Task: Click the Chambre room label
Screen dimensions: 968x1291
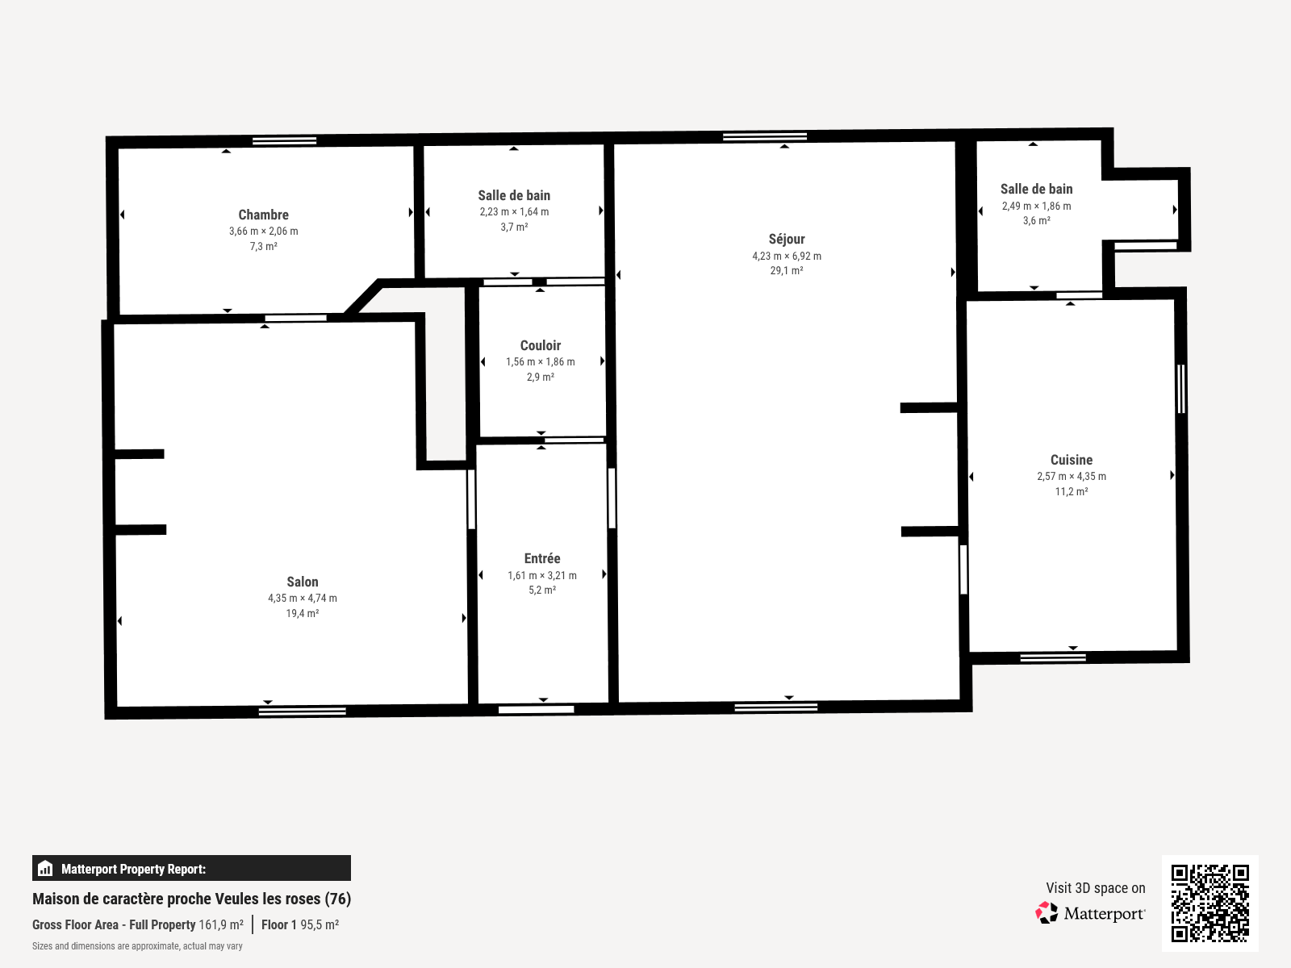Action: (x=263, y=215)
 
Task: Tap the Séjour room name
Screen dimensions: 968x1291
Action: (x=787, y=239)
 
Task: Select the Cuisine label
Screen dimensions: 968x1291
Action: (x=1072, y=460)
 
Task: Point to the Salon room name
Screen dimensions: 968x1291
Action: (x=303, y=582)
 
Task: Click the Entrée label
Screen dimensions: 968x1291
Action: (x=542, y=558)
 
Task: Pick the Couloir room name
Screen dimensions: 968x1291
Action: (x=541, y=345)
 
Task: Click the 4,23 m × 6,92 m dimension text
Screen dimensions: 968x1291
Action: (x=787, y=256)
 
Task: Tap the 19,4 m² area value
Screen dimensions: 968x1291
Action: (x=303, y=613)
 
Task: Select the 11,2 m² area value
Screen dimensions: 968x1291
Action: (x=1072, y=491)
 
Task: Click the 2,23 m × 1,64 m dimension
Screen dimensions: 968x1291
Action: (x=514, y=211)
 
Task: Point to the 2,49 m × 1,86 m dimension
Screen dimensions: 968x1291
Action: (x=1037, y=206)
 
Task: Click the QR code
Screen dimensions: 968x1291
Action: (x=1210, y=903)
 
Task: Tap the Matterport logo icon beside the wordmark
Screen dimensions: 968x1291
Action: (x=1047, y=912)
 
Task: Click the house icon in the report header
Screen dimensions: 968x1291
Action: (x=45, y=869)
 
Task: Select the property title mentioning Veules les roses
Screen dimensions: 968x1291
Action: (x=191, y=899)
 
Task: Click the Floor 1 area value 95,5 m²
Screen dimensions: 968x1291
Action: (x=320, y=924)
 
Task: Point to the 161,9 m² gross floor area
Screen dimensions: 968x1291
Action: (x=221, y=924)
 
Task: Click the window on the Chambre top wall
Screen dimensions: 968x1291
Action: (x=284, y=141)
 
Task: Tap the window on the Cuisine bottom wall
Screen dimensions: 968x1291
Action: (x=1053, y=657)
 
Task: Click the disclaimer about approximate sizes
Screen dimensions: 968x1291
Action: (x=137, y=946)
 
